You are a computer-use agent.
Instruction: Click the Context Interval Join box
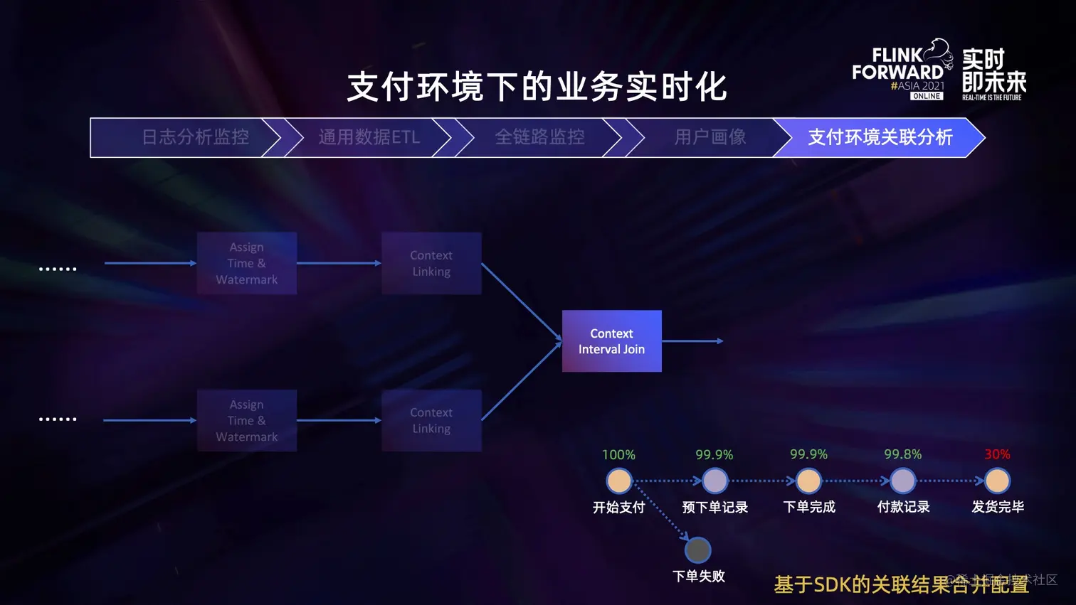[611, 341]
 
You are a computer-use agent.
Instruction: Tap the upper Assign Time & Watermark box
[246, 263]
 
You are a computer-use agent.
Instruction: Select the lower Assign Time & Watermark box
[246, 420]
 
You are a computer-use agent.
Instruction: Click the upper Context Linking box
[431, 263]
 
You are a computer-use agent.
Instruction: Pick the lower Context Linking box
[431, 420]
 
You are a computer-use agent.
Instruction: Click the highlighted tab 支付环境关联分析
[880, 137]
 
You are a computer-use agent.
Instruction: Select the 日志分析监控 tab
[195, 137]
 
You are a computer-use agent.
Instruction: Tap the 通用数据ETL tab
[369, 137]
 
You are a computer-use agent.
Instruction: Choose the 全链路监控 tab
[539, 137]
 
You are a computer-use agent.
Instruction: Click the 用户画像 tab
[710, 137]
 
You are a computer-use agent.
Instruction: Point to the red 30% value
[997, 454]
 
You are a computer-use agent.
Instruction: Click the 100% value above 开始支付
[618, 455]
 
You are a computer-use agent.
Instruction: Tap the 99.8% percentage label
[902, 454]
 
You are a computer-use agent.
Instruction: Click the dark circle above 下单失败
[697, 550]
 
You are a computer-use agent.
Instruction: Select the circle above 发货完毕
[997, 481]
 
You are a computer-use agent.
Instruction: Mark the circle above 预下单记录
[714, 481]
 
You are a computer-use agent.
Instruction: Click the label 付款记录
[903, 507]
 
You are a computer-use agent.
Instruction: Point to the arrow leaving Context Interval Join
[692, 341]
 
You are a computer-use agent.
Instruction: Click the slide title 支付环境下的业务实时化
[537, 87]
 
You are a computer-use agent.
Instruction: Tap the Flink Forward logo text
[898, 64]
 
